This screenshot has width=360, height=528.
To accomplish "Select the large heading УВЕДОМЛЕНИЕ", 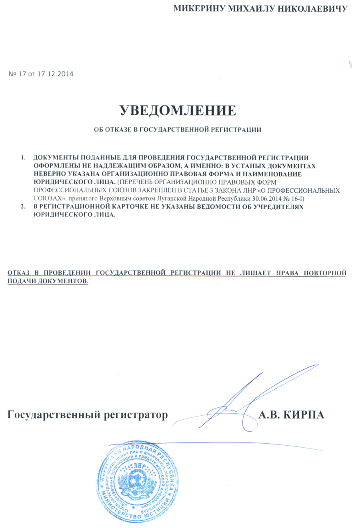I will tap(178, 110).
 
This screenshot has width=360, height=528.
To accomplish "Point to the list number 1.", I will tap(23, 157).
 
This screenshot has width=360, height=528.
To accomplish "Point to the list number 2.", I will tap(23, 206).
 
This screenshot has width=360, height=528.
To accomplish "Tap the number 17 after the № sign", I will tap(19, 74).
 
